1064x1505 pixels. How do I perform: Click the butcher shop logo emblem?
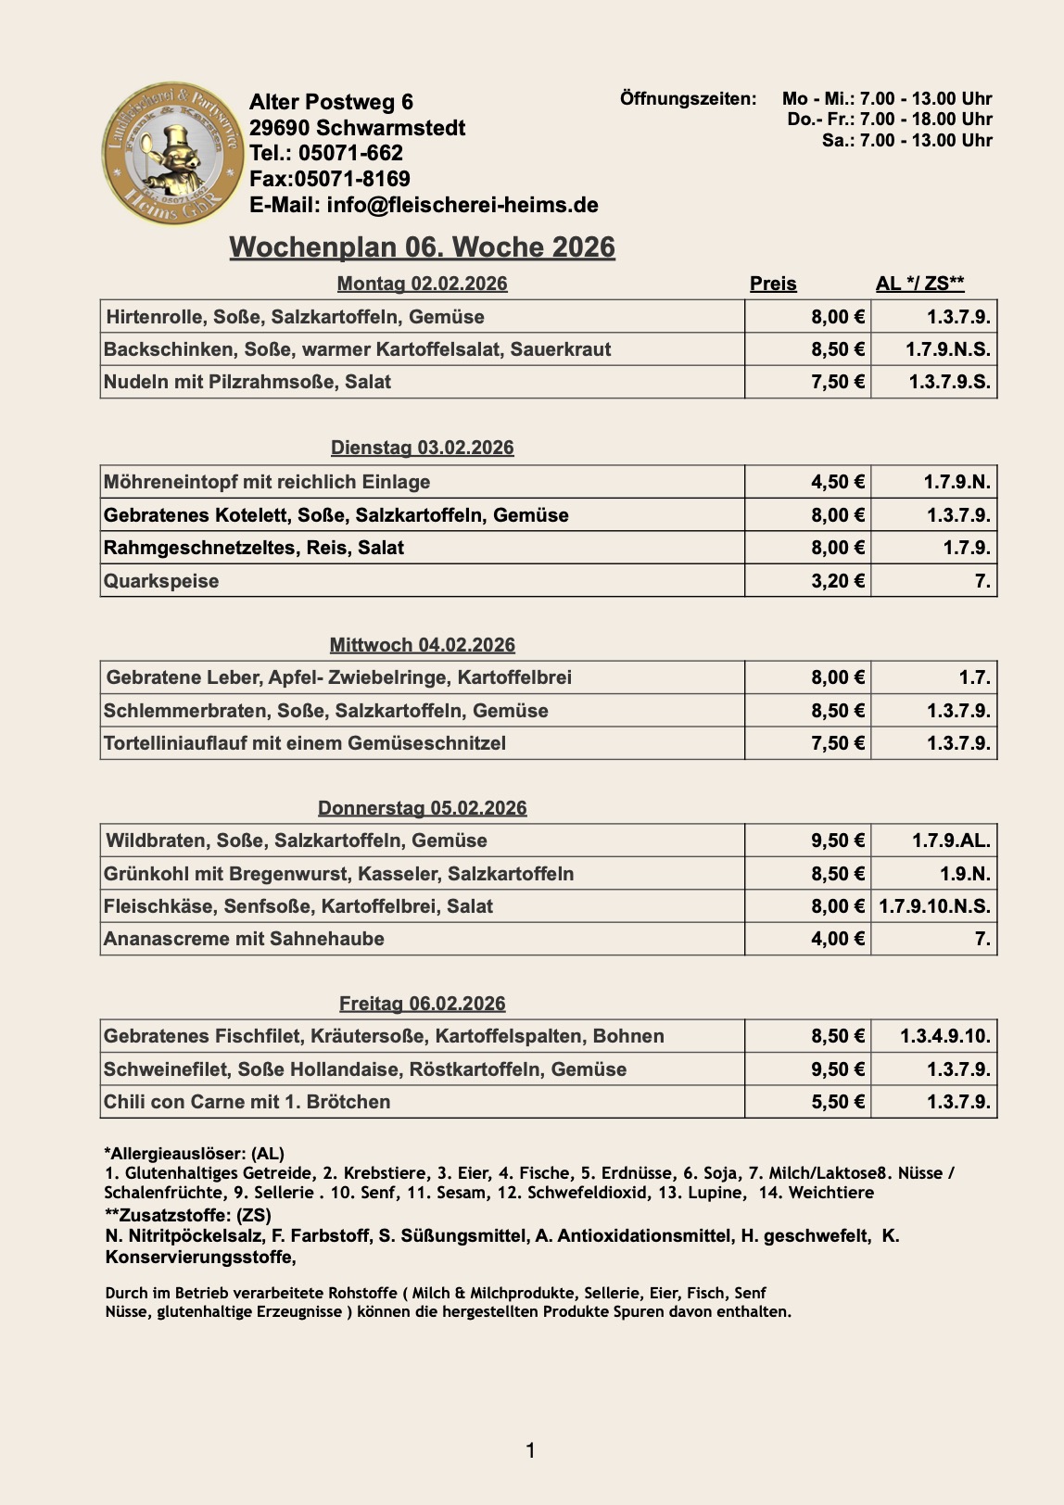[x=172, y=153]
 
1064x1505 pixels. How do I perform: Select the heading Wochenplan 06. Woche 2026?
[x=422, y=247]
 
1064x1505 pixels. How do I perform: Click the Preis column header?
[x=773, y=284]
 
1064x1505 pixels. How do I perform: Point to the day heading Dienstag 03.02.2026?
[x=422, y=448]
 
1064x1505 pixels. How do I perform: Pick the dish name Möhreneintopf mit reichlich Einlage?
[x=267, y=482]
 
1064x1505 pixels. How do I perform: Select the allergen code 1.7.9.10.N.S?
[x=934, y=906]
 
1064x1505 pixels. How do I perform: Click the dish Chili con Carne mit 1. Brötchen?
[x=247, y=1102]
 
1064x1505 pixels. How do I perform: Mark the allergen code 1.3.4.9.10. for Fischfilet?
[x=944, y=1036]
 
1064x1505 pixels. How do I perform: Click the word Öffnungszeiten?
[x=688, y=98]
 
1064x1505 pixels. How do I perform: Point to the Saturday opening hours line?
[x=906, y=140]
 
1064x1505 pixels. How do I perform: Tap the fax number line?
[x=329, y=179]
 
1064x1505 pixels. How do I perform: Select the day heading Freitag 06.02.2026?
[x=422, y=1004]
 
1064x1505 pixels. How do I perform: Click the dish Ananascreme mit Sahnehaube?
[x=244, y=939]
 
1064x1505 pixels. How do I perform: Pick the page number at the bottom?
[x=530, y=1450]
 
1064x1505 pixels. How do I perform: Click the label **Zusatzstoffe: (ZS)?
[x=187, y=1215]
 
